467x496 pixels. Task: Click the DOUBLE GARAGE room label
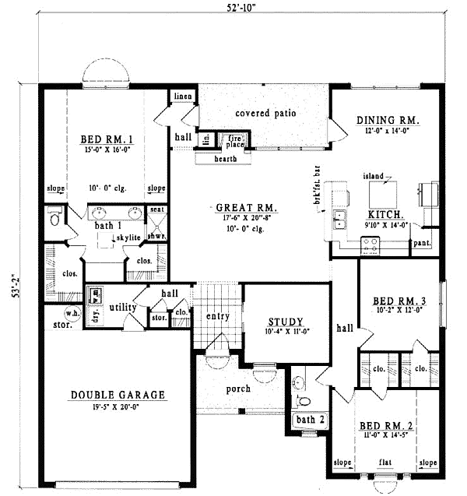pyautogui.click(x=118, y=395)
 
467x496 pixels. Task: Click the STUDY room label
pyautogui.click(x=280, y=322)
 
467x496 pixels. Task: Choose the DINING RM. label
pyautogui.click(x=388, y=121)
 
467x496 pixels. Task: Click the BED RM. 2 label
pyautogui.click(x=385, y=426)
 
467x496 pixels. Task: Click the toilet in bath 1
pyautogui.click(x=54, y=217)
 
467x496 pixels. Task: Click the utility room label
pyautogui.click(x=122, y=308)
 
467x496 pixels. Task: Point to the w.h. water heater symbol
pyautogui.click(x=72, y=314)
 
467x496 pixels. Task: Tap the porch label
pyautogui.click(x=238, y=389)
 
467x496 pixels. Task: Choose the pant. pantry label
pyautogui.click(x=423, y=243)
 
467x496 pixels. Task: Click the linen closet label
pyautogui.click(x=183, y=96)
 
